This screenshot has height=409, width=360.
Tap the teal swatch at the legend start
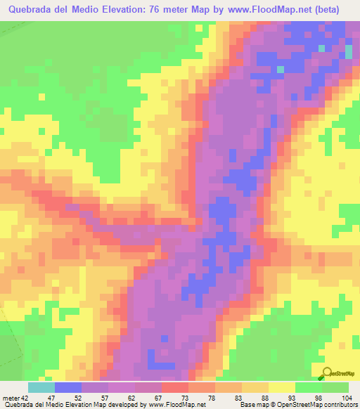pyautogui.click(x=41, y=387)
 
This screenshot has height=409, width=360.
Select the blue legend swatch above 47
pyautogui.click(x=68, y=387)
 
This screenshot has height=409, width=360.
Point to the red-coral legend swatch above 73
pyautogui.click(x=175, y=387)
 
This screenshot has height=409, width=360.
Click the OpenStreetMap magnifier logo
pyautogui.click(x=328, y=374)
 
